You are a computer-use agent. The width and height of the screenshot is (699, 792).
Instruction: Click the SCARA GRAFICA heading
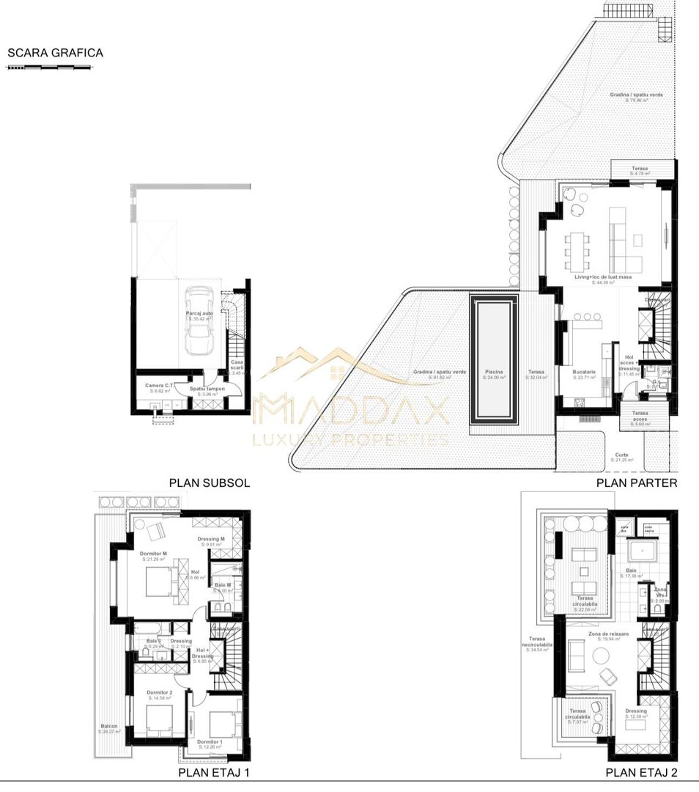pos(55,53)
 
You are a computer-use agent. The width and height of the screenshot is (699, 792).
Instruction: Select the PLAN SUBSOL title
pos(210,483)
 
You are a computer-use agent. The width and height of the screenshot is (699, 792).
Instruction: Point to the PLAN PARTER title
pos(637,483)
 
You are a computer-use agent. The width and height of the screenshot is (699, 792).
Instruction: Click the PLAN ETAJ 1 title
pos(215,773)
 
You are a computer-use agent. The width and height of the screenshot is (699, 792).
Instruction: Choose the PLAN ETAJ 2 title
pos(641,773)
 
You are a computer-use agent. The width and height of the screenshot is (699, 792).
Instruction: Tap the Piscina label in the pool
pos(494,373)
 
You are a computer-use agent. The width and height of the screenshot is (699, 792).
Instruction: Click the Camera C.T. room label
pos(160,386)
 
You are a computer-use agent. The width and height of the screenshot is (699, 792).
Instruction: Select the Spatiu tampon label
pos(207,389)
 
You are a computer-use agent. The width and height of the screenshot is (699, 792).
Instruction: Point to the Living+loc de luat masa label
pos(603,277)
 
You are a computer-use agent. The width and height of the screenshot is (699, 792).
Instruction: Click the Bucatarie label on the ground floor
pos(584,373)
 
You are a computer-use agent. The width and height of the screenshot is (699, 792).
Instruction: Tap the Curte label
pos(621,455)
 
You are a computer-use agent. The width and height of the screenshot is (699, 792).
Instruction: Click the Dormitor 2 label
pos(159,693)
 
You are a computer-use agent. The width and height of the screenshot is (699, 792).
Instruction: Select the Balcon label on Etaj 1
pos(109,727)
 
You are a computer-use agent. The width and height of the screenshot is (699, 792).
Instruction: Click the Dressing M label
pos(211,540)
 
